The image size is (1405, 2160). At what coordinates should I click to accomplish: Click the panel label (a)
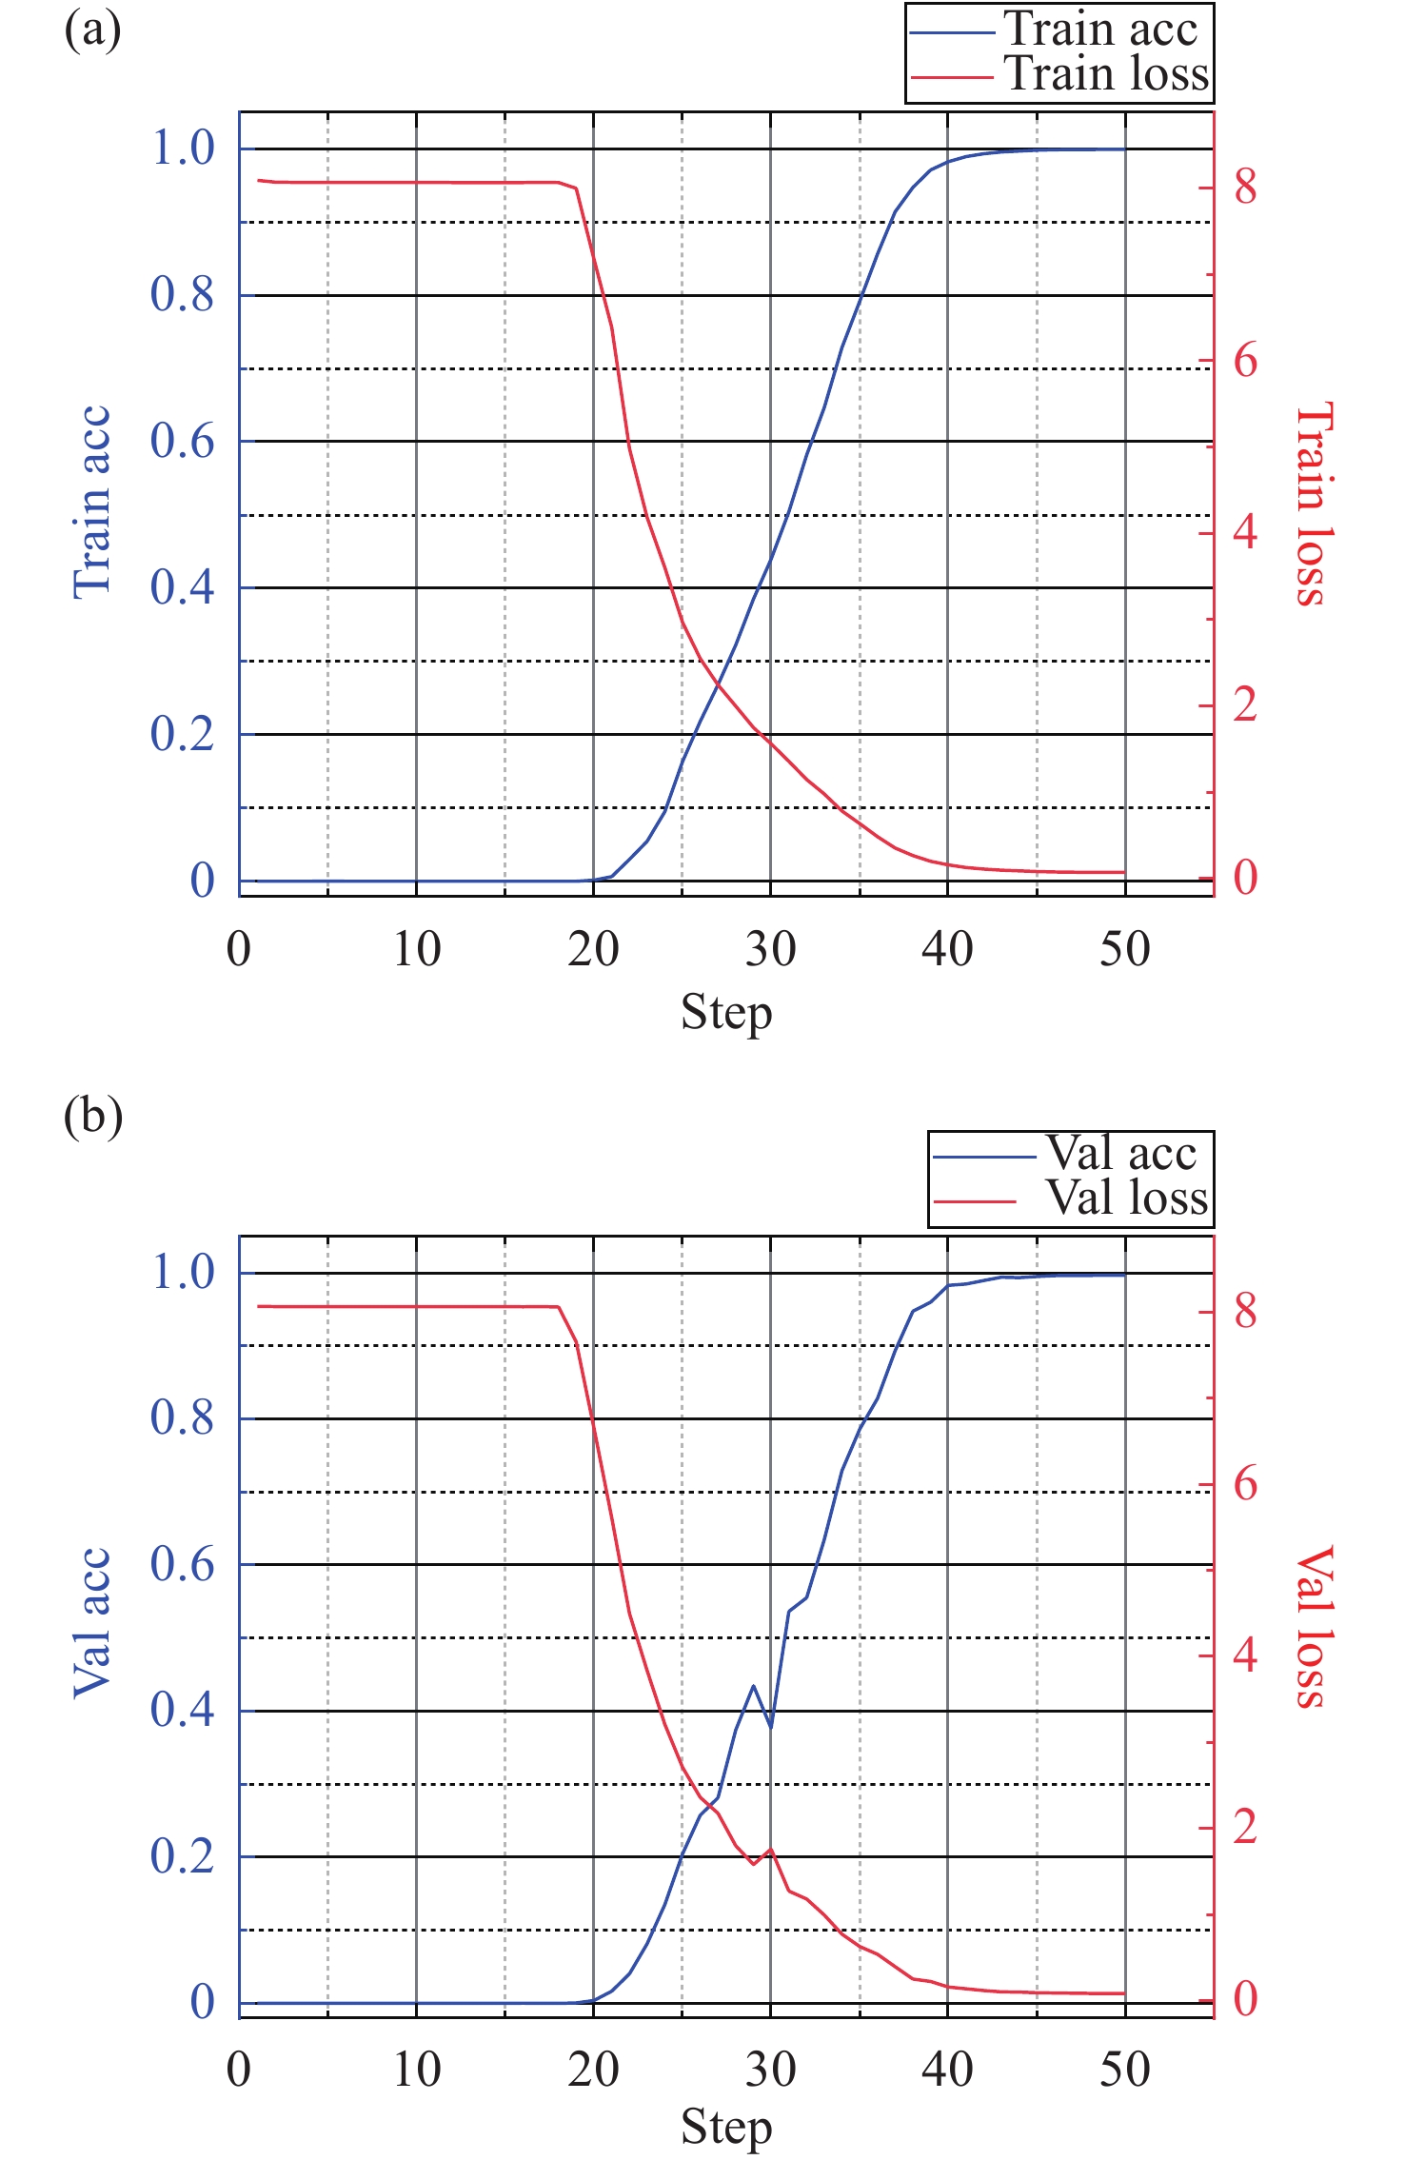pyautogui.click(x=92, y=30)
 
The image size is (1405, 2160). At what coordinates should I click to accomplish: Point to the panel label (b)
pyautogui.click(x=92, y=1116)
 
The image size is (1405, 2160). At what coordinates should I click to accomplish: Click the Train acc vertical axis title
pyautogui.click(x=92, y=503)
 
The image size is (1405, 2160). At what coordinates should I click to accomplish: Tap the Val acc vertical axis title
pyautogui.click(x=92, y=1623)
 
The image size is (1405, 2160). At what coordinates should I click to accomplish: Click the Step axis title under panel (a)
pyautogui.click(x=725, y=1013)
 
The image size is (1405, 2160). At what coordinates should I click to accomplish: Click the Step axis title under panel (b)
pyautogui.click(x=725, y=2128)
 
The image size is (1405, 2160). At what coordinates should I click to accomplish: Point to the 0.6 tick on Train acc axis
pyautogui.click(x=182, y=442)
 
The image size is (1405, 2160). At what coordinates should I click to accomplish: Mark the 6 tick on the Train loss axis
pyautogui.click(x=1245, y=362)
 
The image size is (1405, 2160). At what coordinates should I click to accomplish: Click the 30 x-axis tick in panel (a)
pyautogui.click(x=770, y=950)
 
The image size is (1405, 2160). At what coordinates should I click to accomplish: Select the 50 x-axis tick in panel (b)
pyautogui.click(x=1124, y=2070)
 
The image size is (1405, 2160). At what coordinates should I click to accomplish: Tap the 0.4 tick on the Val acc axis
pyautogui.click(x=182, y=1710)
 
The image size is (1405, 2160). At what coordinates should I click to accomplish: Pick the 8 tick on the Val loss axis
pyautogui.click(x=1245, y=1312)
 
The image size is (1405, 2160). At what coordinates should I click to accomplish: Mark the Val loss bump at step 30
pyautogui.click(x=770, y=1850)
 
